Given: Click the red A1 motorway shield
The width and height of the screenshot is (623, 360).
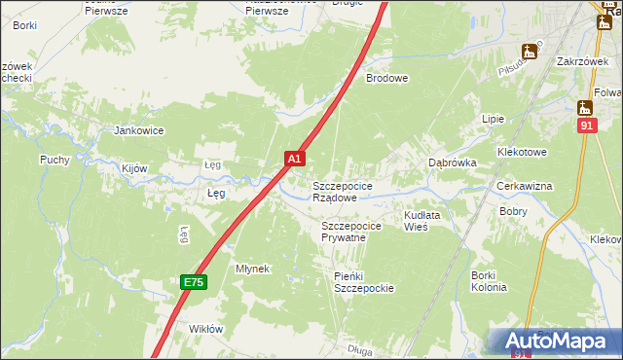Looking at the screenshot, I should [295, 157].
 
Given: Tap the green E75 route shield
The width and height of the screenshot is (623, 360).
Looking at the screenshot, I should [193, 282].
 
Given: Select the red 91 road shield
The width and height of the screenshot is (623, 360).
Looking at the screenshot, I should [585, 126].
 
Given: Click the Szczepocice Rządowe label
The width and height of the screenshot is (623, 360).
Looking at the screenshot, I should [341, 191].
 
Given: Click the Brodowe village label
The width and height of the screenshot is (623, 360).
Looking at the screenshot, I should [386, 78].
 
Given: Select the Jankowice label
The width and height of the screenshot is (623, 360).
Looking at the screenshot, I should [138, 130].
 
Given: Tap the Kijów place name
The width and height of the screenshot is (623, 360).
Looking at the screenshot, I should [134, 168].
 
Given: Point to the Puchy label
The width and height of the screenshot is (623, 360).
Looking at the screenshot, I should [55, 160].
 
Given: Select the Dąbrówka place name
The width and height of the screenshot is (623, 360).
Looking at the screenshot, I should [453, 163].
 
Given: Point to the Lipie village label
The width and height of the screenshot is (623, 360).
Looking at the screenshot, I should [494, 119].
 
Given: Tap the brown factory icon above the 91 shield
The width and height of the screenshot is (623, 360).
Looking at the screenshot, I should [585, 107].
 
